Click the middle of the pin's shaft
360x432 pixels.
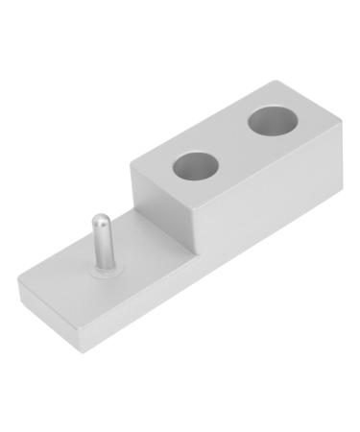click(x=100, y=245)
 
